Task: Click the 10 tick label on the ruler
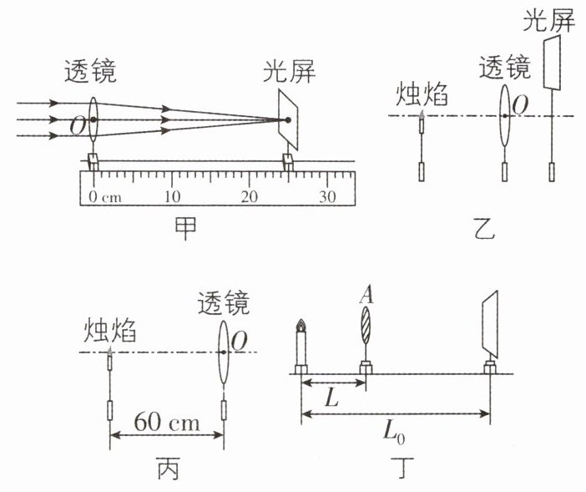[x=172, y=196]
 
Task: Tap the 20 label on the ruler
[x=250, y=196]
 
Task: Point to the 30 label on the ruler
[x=327, y=196]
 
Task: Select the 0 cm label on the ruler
[x=105, y=196]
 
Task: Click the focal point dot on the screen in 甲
[x=288, y=120]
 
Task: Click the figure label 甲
[x=185, y=228]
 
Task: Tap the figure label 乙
[x=484, y=228]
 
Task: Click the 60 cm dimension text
[x=167, y=422]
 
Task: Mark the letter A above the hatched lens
[x=366, y=296]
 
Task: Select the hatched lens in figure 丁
[x=366, y=325]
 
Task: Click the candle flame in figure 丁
[x=301, y=325]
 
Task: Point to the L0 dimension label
[x=394, y=434]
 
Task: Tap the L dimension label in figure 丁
[x=331, y=397]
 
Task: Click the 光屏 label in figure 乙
[x=548, y=19]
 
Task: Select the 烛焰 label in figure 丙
[x=109, y=330]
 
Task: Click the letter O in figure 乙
[x=520, y=105]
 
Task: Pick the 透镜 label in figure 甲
[x=90, y=71]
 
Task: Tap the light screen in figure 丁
[x=489, y=324]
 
